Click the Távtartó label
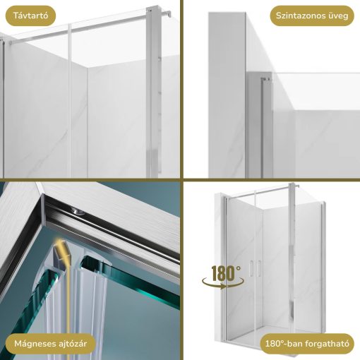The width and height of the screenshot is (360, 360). pyautogui.click(x=30, y=16)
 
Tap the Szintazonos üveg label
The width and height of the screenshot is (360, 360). pyautogui.click(x=312, y=16)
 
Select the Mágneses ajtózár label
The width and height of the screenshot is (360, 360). pyautogui.click(x=50, y=344)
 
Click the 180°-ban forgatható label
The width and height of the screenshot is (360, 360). pyautogui.click(x=307, y=344)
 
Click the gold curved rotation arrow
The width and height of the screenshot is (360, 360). pyautogui.click(x=223, y=283)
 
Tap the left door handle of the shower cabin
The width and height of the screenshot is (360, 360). pyautogui.click(x=251, y=268)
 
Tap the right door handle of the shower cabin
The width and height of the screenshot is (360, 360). pyautogui.click(x=259, y=268)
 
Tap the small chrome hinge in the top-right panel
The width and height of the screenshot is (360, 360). pyautogui.click(x=267, y=80)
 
